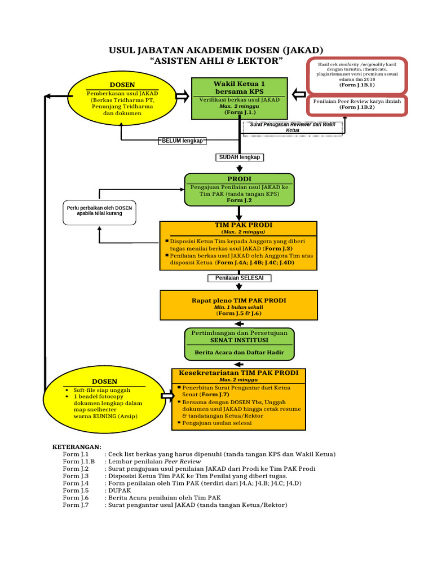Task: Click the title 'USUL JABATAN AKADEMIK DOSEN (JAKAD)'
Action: click(216, 50)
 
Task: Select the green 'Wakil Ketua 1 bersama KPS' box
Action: click(239, 99)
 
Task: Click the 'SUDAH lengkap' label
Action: click(239, 157)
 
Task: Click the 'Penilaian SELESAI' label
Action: click(239, 278)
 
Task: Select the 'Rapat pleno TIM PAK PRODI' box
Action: click(239, 305)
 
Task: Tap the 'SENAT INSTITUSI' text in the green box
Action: click(239, 340)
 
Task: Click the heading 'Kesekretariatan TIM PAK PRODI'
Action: click(239, 373)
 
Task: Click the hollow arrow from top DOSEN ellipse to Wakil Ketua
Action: click(182, 97)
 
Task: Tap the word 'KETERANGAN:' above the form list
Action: click(77, 446)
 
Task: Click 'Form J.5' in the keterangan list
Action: click(76, 491)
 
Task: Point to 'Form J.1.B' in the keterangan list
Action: click(78, 461)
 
